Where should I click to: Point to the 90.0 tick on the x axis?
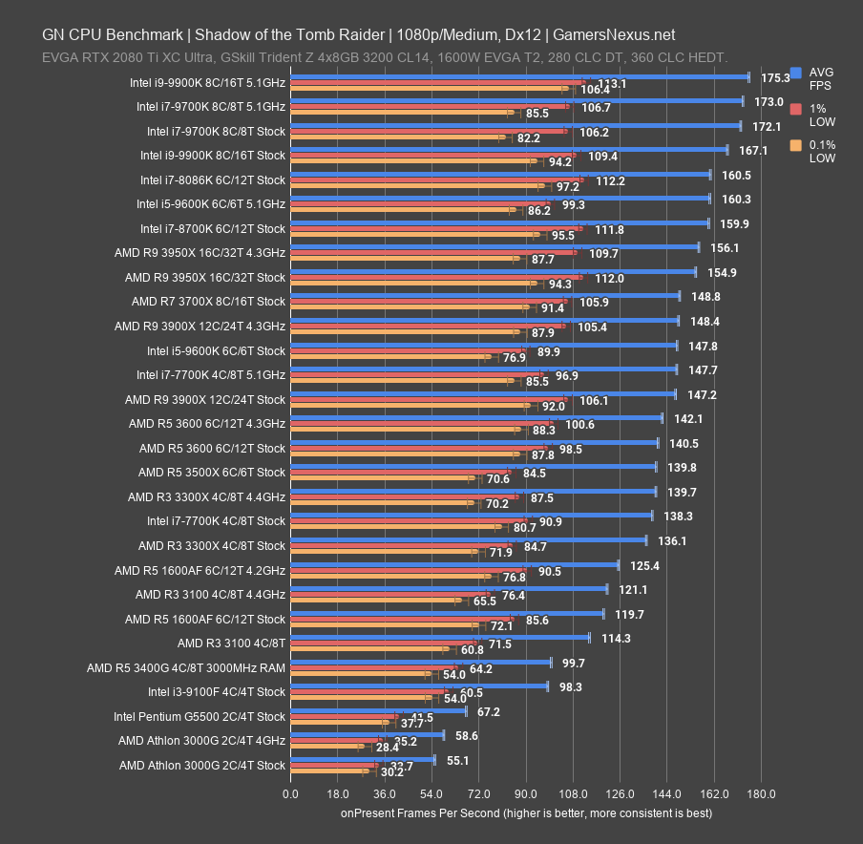[525, 793]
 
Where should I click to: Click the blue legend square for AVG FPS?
[795, 73]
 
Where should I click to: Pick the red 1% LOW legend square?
[795, 109]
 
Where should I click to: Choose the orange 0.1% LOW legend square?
[795, 145]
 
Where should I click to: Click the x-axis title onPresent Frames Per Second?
[526, 813]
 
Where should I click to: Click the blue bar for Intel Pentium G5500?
[378, 711]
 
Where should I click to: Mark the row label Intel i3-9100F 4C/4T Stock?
[216, 691]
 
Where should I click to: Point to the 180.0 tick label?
[761, 793]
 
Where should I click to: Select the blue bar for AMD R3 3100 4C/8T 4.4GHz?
[448, 589]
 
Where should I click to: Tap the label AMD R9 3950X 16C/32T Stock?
[204, 277]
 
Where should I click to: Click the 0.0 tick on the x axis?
[289, 793]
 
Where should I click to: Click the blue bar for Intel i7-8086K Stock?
[499, 175]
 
